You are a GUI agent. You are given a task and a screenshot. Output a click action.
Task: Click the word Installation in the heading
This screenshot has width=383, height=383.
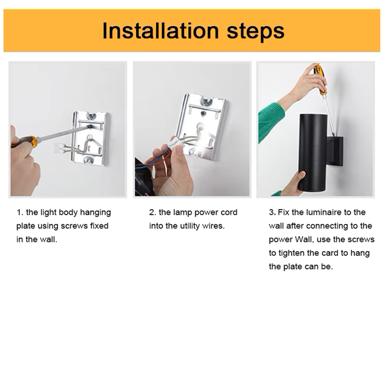pyautogui.click(x=160, y=31)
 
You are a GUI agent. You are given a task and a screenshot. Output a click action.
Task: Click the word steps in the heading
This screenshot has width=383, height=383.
pyautogui.click(x=256, y=32)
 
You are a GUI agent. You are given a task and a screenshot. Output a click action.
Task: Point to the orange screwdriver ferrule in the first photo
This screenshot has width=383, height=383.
pyautogui.click(x=34, y=142)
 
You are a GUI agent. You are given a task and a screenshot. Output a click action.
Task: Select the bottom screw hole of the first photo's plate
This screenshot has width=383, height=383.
pyautogui.click(x=88, y=160)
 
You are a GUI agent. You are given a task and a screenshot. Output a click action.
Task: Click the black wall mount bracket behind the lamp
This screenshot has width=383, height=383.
pyautogui.click(x=335, y=151)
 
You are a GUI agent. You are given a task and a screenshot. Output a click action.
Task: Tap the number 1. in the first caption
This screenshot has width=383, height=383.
pyautogui.click(x=20, y=212)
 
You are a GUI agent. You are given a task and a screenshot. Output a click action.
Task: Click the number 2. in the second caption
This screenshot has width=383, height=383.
pyautogui.click(x=153, y=212)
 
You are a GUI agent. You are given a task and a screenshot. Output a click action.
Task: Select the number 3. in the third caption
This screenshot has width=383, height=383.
pyautogui.click(x=272, y=212)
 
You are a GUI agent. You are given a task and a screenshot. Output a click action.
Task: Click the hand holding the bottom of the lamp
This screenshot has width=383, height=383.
pyautogui.click(x=293, y=184)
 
